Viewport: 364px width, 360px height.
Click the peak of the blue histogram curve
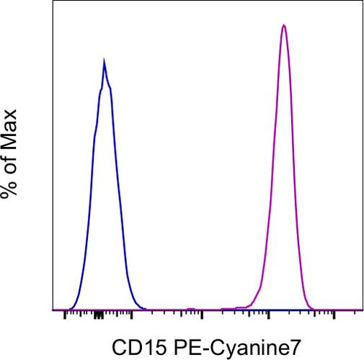[105, 61]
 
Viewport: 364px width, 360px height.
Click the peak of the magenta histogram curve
[284, 26]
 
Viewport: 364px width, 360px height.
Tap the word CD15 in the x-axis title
[133, 348]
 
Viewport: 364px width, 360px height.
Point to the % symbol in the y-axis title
[9, 189]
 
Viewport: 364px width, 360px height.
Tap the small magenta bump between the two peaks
[191, 308]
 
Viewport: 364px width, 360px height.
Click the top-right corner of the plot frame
[362, 1]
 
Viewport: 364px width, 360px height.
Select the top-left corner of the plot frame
[54, 1]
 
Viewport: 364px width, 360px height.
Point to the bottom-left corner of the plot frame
[54, 310]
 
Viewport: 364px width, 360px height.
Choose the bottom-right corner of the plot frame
[362, 310]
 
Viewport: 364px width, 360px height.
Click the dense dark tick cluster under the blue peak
[98, 315]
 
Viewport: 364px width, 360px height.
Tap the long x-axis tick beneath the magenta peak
[269, 315]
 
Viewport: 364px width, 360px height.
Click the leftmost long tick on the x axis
[65, 315]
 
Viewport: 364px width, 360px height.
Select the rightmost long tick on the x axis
[334, 315]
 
